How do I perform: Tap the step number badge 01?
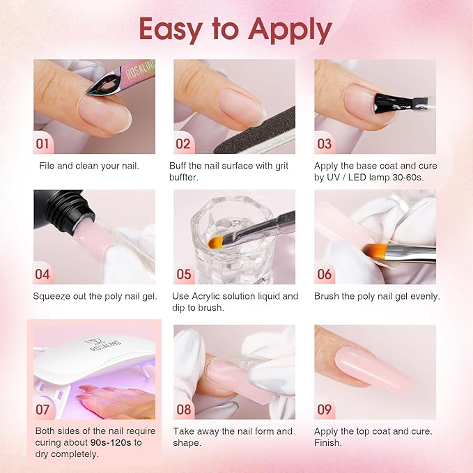point(43,144)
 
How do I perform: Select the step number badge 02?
point(183,144)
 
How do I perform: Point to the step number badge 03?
point(324,144)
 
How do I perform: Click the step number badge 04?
point(42,274)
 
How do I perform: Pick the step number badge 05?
point(183,274)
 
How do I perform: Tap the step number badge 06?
point(324,274)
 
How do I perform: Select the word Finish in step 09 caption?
point(328,442)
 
